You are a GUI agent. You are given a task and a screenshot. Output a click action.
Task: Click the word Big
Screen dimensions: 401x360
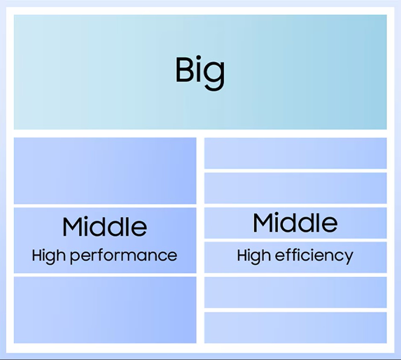click(200, 73)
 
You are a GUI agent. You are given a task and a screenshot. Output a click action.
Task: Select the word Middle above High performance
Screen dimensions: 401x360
click(105, 226)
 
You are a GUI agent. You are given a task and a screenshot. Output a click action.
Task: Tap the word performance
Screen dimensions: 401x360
click(123, 256)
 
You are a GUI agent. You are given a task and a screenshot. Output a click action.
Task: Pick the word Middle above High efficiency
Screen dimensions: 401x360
click(296, 222)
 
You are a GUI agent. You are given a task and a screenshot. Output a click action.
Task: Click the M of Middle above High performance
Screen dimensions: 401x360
click(73, 226)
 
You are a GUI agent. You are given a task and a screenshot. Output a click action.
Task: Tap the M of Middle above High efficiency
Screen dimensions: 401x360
click(263, 223)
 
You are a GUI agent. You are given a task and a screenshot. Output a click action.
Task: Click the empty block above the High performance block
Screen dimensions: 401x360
click(105, 171)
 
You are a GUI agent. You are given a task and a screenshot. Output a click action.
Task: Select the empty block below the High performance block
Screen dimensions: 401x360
click(105, 310)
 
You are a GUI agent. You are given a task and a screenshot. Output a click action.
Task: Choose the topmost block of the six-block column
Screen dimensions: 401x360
click(296, 153)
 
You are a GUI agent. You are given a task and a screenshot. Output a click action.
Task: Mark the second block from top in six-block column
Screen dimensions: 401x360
click(296, 188)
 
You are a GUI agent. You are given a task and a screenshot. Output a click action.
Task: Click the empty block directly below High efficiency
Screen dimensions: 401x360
click(296, 292)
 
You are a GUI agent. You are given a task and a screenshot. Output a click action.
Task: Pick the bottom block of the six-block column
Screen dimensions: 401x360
click(296, 328)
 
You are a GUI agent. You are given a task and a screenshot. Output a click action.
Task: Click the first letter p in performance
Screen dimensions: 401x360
click(75, 257)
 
